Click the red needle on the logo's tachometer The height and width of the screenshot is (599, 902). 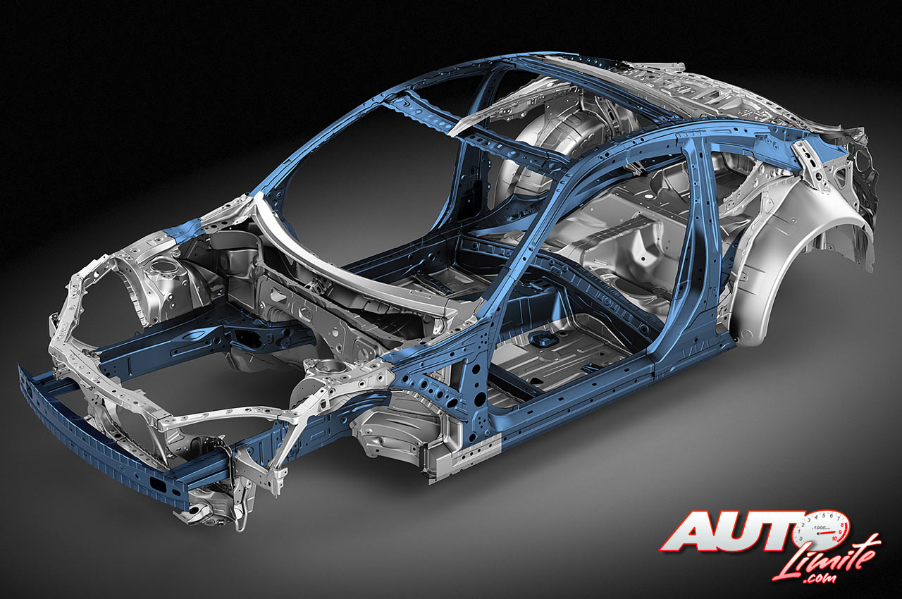(x=825, y=532)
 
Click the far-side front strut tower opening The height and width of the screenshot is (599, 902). (x=162, y=266)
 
